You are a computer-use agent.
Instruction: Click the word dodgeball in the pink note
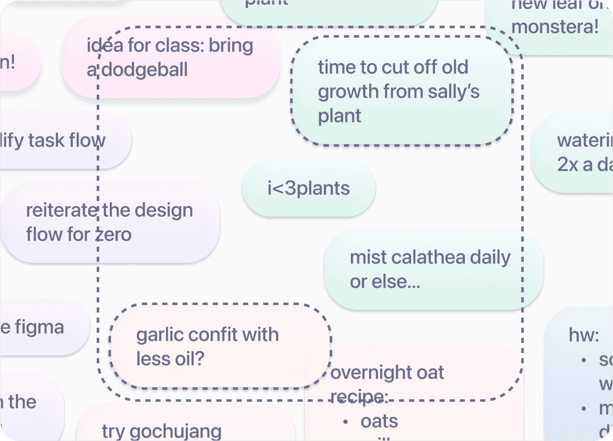pos(145,70)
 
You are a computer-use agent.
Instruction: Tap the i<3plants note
pos(308,188)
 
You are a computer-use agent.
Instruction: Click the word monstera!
pos(555,26)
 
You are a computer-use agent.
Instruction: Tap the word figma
pos(39,327)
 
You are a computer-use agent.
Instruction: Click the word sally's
pos(453,92)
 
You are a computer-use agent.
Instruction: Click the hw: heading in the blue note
pos(584,335)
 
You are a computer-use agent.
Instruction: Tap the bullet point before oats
pos(345,422)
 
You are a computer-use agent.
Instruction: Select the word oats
pos(379,421)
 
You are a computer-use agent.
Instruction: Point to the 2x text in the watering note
pos(568,164)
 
